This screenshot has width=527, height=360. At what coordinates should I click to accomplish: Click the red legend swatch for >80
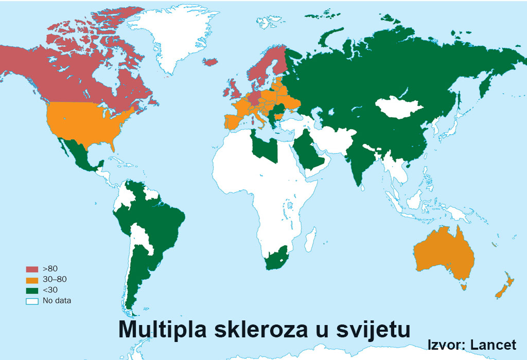coord(32,269)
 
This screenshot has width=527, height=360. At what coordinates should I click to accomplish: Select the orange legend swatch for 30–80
coord(32,280)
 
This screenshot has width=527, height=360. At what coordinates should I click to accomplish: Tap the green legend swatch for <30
coord(32,290)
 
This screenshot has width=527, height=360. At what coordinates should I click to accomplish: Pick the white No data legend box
coord(32,301)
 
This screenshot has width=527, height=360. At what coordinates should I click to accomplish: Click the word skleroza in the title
coord(257,329)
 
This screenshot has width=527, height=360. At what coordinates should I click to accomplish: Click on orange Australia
coord(443,252)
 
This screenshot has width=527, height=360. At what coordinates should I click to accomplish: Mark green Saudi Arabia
coord(311,154)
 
